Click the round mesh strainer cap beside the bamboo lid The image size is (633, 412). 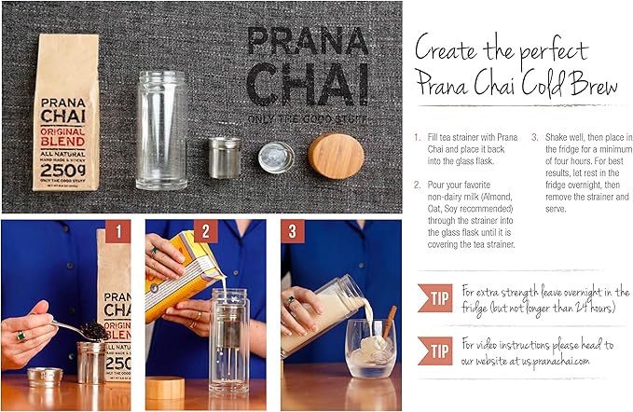point(276,157)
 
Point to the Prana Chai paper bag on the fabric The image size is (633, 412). point(66,113)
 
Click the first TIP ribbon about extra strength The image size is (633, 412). point(433,295)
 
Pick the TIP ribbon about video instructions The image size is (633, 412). point(433,350)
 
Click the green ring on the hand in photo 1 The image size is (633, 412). point(18,336)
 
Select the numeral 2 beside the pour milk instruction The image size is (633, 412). point(417,185)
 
